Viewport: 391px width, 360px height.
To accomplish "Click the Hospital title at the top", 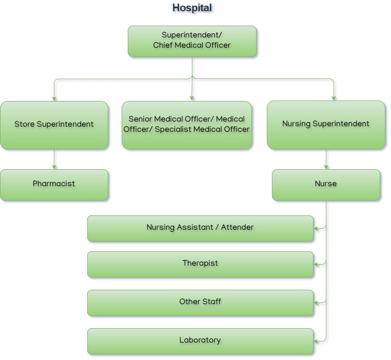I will pyautogui.click(x=192, y=8).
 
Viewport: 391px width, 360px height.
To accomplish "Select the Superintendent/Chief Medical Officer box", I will pyautogui.click(x=192, y=41).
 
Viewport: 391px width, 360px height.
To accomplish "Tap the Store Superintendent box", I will pyautogui.click(x=54, y=125).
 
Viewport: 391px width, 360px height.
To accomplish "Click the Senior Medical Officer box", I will pyautogui.click(x=187, y=125).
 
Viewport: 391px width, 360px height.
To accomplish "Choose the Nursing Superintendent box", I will pyautogui.click(x=326, y=125).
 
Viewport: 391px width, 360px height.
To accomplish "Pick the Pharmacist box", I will pyautogui.click(x=54, y=184).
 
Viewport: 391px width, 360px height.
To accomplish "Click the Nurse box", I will pyautogui.click(x=326, y=184).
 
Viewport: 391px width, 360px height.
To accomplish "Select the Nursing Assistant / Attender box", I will pyautogui.click(x=200, y=228).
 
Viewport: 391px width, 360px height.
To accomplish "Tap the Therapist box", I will pyautogui.click(x=200, y=264).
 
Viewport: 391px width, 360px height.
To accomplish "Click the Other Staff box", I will pyautogui.click(x=200, y=302).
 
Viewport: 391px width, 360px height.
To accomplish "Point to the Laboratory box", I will pyautogui.click(x=200, y=341).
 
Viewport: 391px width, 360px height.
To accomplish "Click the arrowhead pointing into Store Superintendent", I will pyautogui.click(x=54, y=98).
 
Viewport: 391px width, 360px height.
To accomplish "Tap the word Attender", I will pyautogui.click(x=237, y=228).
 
